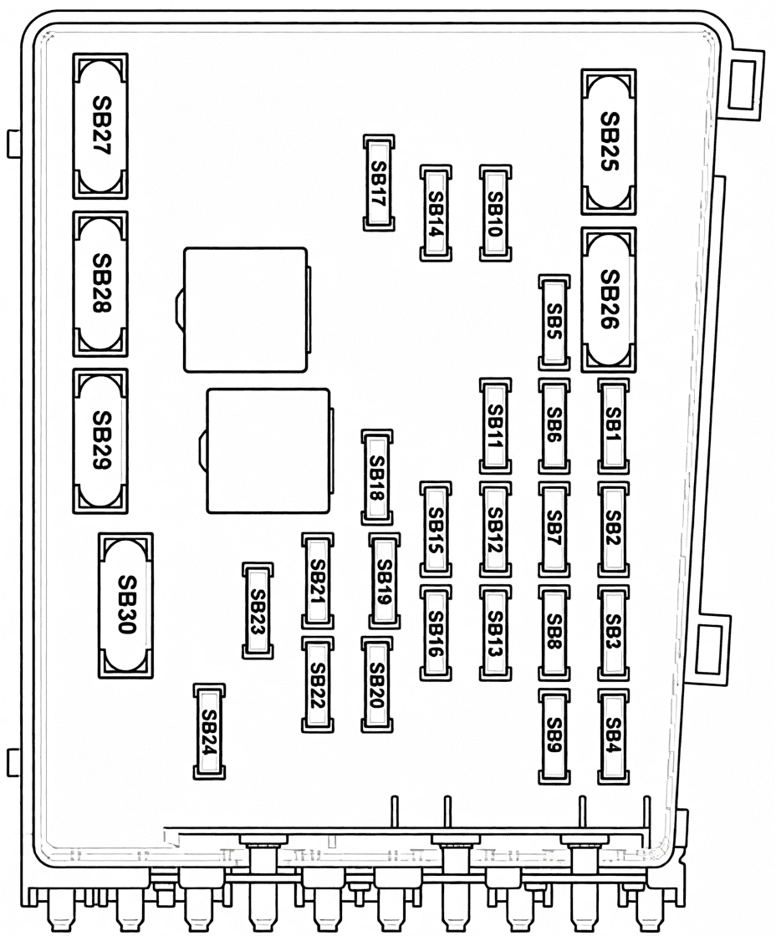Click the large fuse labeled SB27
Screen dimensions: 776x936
tap(100, 126)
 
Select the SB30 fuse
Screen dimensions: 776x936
tap(125, 605)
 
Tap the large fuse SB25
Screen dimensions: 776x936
tap(609, 141)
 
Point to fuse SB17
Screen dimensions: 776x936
tap(379, 183)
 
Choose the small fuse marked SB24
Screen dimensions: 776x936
tap(209, 731)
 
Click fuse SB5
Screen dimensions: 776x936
tap(554, 323)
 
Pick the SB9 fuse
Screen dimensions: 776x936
tap(554, 736)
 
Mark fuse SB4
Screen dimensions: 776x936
tap(614, 736)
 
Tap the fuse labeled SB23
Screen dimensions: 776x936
tap(258, 611)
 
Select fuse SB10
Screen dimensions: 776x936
tap(496, 213)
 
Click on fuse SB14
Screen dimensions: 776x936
tap(436, 213)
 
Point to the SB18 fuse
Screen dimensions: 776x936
tap(377, 477)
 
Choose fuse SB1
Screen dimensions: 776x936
tap(614, 425)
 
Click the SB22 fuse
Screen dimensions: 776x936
tap(318, 684)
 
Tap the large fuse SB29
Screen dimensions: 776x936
tap(100, 441)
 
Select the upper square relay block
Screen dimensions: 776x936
tap(246, 310)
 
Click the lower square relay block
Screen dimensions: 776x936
tap(268, 450)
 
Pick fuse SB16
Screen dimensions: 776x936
tap(436, 633)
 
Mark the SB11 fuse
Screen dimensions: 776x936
tap(496, 425)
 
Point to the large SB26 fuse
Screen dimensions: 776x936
tap(609, 300)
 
